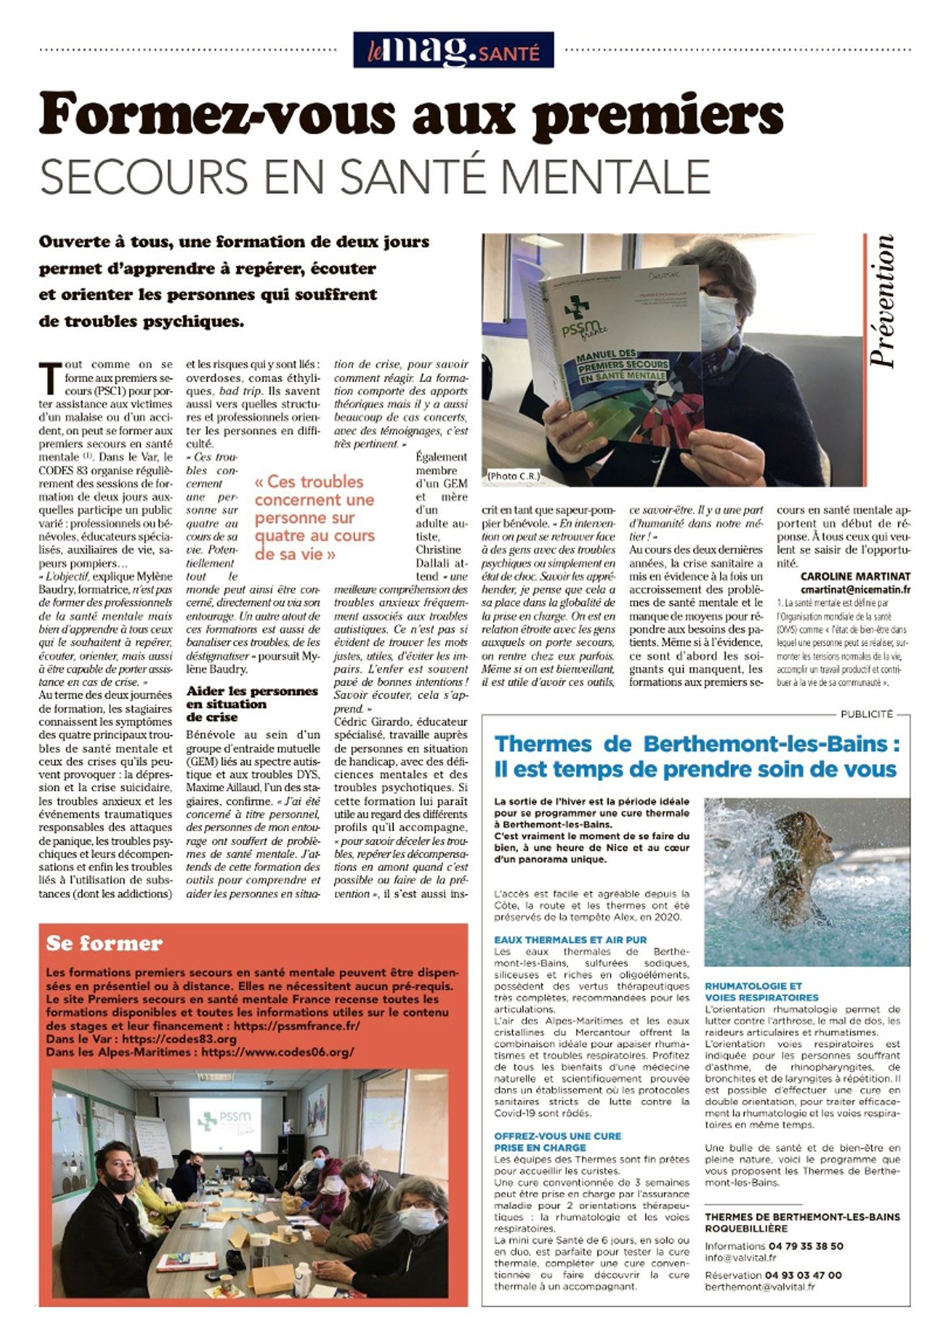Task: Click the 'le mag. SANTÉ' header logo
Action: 453,50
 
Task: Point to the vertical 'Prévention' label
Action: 882,300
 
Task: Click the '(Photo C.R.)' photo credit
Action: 513,476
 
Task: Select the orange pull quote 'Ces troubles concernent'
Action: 314,517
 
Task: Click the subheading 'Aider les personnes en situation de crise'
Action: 252,703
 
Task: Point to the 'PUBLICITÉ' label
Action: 866,714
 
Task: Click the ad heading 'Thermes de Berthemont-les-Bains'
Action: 696,744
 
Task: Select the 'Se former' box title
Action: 104,943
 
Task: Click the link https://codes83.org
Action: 179,1039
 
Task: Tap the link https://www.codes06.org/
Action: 277,1052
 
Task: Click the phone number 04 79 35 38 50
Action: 804,1246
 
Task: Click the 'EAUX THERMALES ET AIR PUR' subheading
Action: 570,939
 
